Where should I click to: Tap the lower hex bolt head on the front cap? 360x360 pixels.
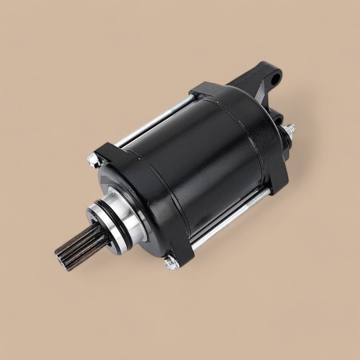(171, 264)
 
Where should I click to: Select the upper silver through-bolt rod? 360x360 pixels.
(154, 118)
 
